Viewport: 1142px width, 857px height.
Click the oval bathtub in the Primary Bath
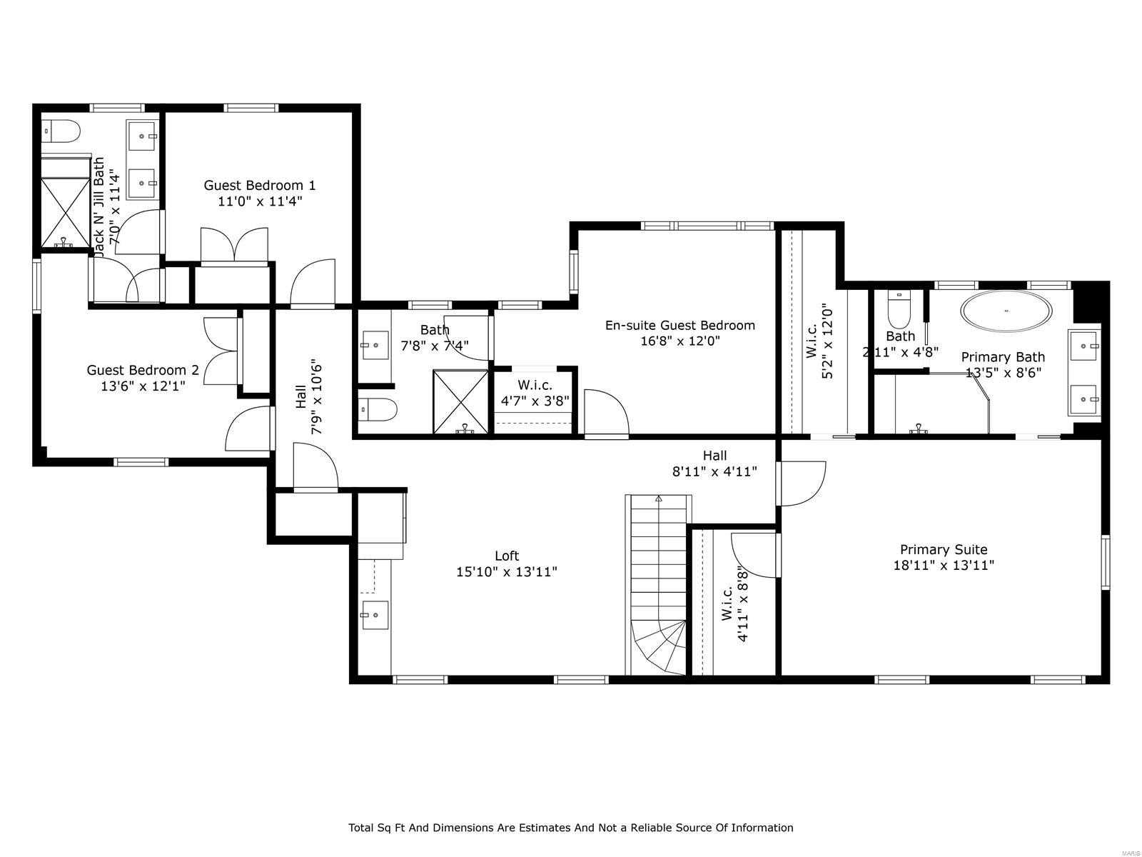(1006, 311)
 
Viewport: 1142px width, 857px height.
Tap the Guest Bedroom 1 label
(260, 186)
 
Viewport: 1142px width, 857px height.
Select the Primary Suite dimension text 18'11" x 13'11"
(944, 566)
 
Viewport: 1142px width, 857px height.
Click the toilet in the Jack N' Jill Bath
(61, 131)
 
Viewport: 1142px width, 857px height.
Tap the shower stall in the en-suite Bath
(461, 401)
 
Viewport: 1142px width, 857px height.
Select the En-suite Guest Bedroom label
(679, 326)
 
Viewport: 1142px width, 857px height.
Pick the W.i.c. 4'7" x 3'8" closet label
(535, 393)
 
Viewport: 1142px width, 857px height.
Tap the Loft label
(507, 556)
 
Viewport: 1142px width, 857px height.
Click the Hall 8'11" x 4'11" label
(714, 463)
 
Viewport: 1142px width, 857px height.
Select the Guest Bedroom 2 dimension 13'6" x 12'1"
(143, 386)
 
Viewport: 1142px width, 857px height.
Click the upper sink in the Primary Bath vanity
(1084, 346)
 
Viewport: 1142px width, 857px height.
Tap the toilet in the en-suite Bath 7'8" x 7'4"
(377, 410)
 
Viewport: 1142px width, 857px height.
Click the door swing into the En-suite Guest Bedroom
(605, 413)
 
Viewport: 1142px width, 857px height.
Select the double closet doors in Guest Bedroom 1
(234, 246)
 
